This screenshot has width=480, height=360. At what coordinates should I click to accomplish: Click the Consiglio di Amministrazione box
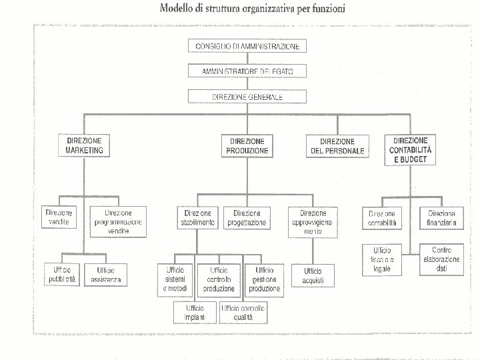247,47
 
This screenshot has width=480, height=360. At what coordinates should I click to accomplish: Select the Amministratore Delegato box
247,71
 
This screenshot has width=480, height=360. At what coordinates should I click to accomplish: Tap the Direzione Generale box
247,97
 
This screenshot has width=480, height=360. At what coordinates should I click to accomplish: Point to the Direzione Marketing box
85,146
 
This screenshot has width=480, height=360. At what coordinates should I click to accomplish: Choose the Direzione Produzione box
247,146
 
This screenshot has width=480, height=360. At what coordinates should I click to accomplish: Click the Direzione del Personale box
337,147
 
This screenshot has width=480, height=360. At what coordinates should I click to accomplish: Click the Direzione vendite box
59,217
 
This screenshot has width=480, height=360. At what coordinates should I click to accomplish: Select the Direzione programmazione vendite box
118,221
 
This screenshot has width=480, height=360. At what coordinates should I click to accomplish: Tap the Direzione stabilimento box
197,217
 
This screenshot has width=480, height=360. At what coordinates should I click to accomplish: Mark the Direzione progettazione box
247,217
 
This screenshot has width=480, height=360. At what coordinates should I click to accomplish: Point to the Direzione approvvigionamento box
313,221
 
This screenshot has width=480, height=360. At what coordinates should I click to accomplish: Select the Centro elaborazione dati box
441,259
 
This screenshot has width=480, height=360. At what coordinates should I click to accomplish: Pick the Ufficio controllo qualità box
243,312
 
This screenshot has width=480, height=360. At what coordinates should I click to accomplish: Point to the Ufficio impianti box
195,312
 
